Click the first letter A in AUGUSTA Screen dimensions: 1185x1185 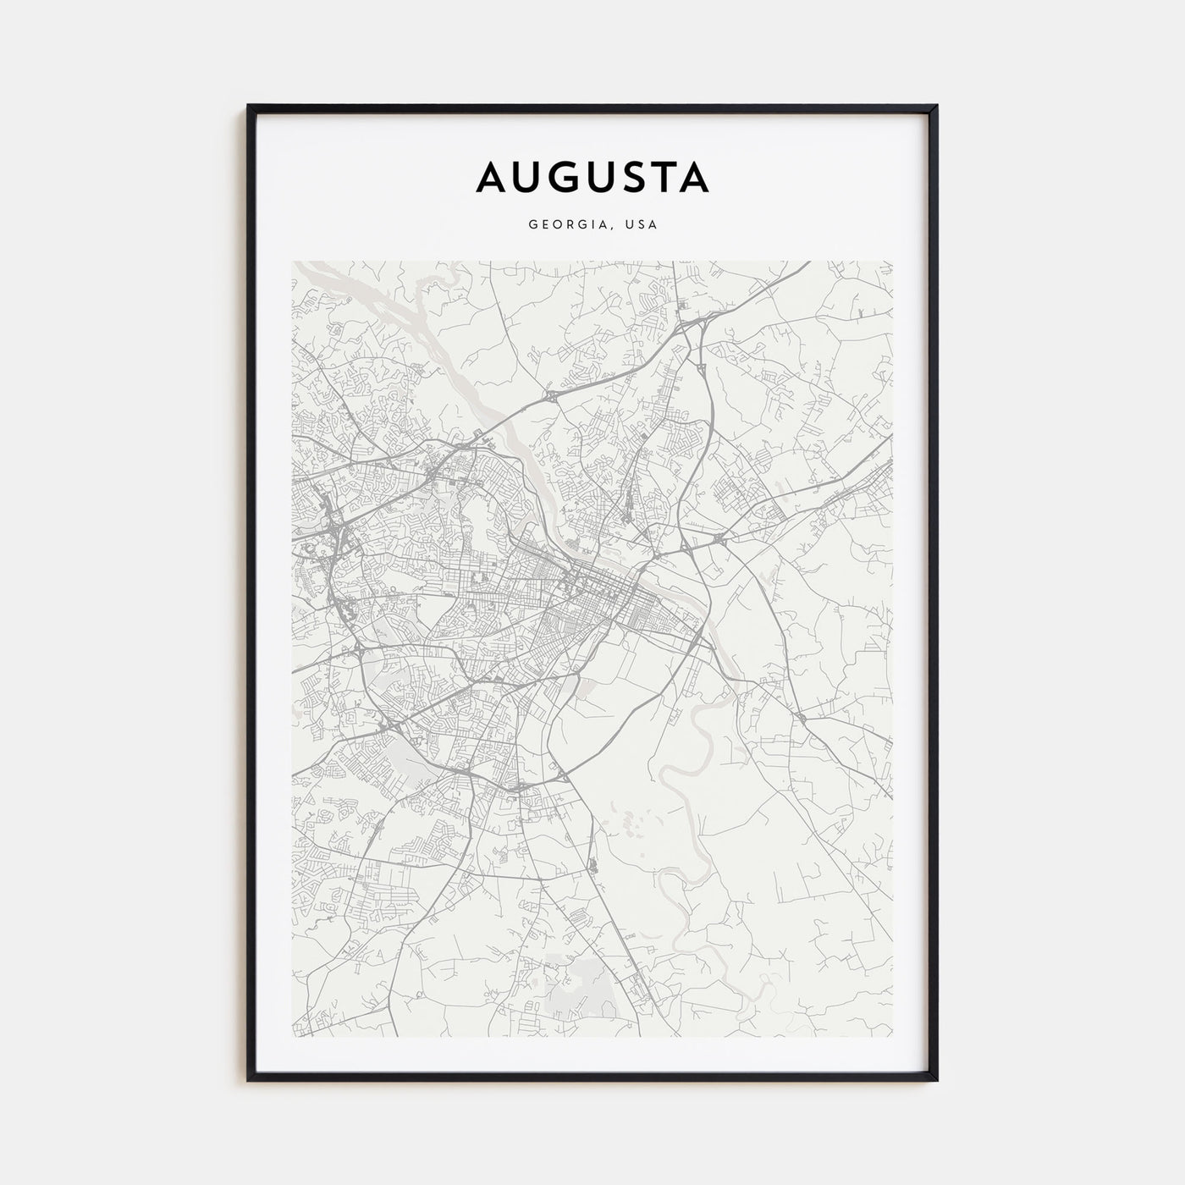493,177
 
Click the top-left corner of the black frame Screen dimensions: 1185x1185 249,107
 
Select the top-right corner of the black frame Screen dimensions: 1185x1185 938,107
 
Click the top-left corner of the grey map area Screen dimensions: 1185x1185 293,262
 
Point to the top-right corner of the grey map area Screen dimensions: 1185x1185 893,262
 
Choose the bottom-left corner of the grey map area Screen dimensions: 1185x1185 293,1037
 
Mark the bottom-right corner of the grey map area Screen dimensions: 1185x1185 893,1037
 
